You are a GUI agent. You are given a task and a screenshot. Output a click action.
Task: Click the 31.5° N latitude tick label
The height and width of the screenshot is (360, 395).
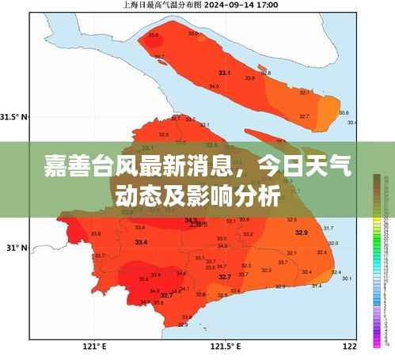(x=13, y=116)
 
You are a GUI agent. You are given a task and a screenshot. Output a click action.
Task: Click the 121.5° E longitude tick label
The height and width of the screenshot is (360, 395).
(x=224, y=346)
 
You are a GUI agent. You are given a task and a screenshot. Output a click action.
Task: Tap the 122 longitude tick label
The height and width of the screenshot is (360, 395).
(x=349, y=346)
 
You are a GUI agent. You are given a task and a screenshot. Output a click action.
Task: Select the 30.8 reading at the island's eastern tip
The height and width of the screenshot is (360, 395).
(x=344, y=112)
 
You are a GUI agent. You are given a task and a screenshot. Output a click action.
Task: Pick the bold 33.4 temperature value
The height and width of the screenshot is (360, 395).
(x=141, y=241)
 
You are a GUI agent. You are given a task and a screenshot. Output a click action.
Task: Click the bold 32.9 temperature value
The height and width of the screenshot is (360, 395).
(x=301, y=232)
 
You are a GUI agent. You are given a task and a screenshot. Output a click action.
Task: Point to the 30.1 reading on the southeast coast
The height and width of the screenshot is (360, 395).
(x=347, y=279)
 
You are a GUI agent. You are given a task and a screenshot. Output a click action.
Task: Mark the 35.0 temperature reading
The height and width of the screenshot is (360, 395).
(x=143, y=279)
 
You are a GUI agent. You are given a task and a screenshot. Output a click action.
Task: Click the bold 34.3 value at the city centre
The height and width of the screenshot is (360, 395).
(x=192, y=219)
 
